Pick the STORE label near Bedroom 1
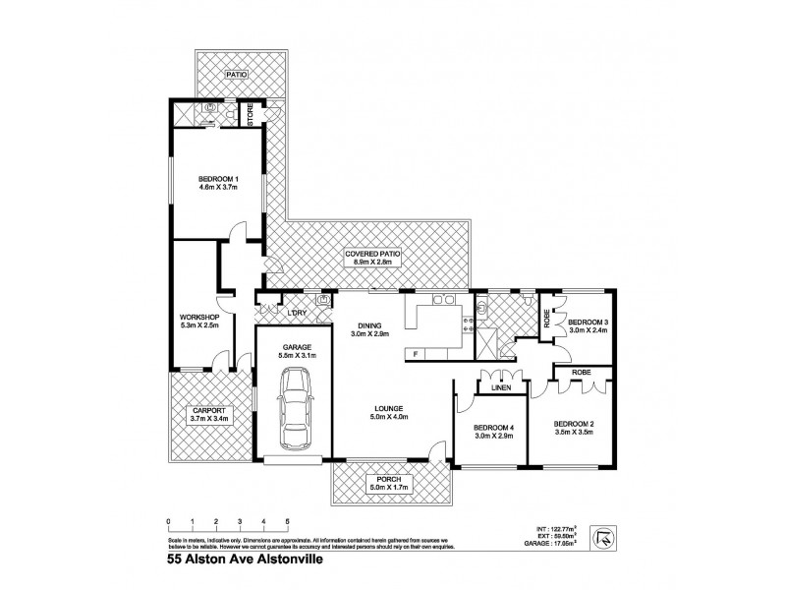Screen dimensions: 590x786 (251, 115)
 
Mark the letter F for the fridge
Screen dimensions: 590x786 (417, 353)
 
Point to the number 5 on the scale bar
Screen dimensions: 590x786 (287, 521)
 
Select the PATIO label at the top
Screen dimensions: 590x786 (235, 74)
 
